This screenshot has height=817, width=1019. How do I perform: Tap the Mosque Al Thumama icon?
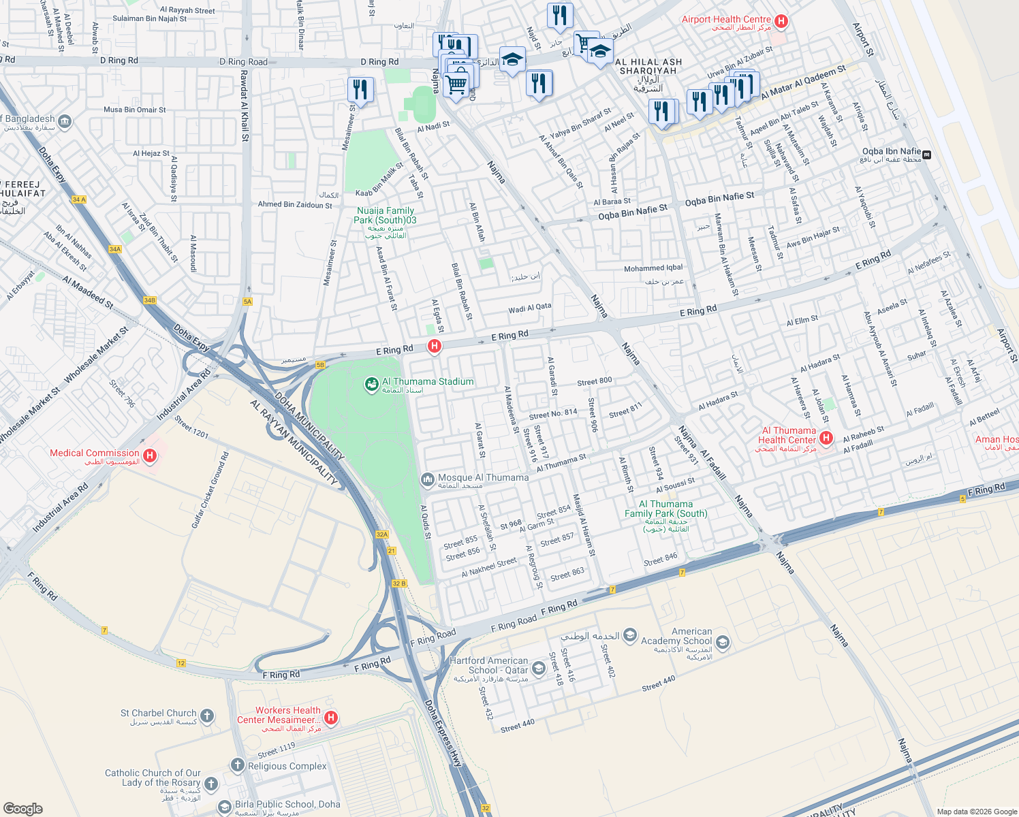tap(427, 480)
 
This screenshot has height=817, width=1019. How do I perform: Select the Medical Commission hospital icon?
tap(151, 455)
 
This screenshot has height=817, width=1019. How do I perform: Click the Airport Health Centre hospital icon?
tap(781, 21)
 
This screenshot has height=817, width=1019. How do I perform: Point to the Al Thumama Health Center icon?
tap(826, 438)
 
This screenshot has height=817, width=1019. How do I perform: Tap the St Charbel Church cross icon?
tap(207, 716)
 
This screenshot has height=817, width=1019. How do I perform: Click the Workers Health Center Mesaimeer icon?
tap(331, 718)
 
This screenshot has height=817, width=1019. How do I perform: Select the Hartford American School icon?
tap(539, 669)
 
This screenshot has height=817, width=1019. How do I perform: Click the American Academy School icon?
tap(723, 642)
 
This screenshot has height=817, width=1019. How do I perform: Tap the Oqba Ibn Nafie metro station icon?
tap(926, 155)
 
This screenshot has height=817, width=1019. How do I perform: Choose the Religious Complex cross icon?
tap(237, 765)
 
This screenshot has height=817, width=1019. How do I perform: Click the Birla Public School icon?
tap(224, 807)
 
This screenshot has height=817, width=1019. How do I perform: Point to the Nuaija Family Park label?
tap(385, 216)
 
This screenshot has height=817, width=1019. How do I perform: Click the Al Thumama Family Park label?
tap(665, 509)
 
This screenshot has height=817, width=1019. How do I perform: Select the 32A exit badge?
tap(382, 534)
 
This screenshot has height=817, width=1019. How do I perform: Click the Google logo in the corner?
tap(22, 808)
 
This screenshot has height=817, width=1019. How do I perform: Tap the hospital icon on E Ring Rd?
tap(434, 346)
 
